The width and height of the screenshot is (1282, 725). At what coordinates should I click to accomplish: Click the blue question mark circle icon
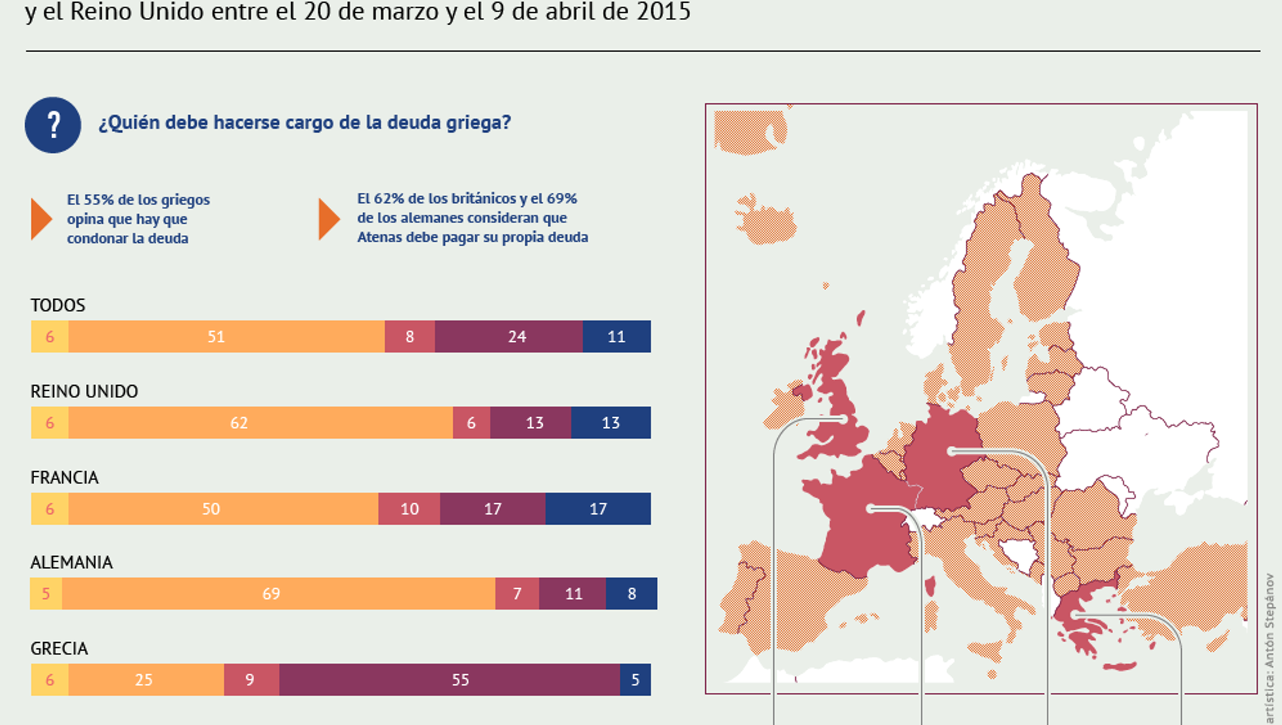[x=53, y=125]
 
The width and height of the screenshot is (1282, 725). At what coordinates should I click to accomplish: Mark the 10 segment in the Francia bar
[x=409, y=509]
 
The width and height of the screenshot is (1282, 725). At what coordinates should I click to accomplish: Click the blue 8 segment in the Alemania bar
[x=632, y=593]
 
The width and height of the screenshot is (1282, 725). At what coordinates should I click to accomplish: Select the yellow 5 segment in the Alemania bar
[x=46, y=593]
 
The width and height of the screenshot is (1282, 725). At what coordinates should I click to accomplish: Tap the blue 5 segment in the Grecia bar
[x=635, y=680]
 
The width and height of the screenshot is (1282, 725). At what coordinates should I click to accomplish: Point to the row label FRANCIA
[x=65, y=477]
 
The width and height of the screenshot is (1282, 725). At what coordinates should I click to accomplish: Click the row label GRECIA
[x=59, y=648]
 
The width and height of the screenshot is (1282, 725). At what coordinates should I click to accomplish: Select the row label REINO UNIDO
[x=84, y=391]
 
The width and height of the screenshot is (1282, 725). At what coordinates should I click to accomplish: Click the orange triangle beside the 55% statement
[x=41, y=218]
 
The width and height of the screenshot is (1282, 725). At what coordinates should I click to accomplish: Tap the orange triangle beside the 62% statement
[x=329, y=218]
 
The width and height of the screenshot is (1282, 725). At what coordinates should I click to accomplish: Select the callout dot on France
[x=870, y=509]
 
